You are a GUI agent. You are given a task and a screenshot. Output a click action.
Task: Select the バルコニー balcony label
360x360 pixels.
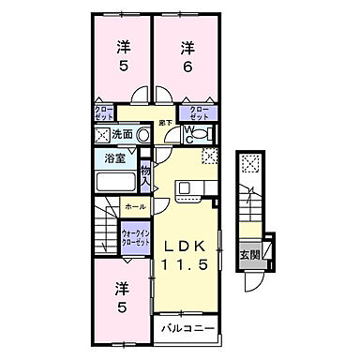(x=187, y=329)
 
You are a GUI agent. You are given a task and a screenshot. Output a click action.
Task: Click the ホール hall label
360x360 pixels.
(x=134, y=205)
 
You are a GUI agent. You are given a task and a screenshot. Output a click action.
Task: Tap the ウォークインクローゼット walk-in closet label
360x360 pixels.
(x=136, y=237)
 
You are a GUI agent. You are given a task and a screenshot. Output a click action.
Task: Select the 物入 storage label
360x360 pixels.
(x=145, y=174)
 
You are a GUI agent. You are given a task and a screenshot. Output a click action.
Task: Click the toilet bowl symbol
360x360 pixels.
(x=200, y=135)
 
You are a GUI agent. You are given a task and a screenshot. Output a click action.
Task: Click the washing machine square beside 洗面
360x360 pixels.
(x=101, y=136)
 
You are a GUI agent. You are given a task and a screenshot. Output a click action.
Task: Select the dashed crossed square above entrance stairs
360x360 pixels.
(x=250, y=166)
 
